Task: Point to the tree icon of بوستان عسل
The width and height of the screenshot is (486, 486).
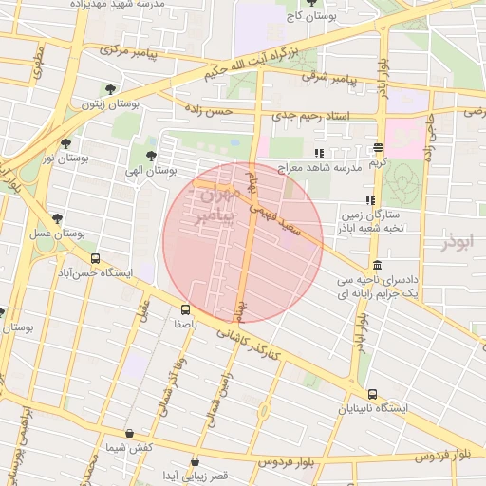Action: tap(58, 219)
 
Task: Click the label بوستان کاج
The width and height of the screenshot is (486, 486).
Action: tap(312, 16)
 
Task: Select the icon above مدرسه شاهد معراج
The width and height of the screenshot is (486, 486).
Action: tap(320, 153)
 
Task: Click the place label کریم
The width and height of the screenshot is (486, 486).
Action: tap(379, 162)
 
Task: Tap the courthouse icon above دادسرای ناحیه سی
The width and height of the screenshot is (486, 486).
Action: tap(378, 266)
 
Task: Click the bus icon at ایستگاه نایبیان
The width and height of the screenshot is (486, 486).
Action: tap(372, 394)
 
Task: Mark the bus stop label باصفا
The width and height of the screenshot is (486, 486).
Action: tap(185, 323)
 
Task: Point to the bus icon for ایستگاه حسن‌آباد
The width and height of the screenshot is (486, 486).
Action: tap(94, 258)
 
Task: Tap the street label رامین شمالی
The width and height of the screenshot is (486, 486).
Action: tap(215, 399)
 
